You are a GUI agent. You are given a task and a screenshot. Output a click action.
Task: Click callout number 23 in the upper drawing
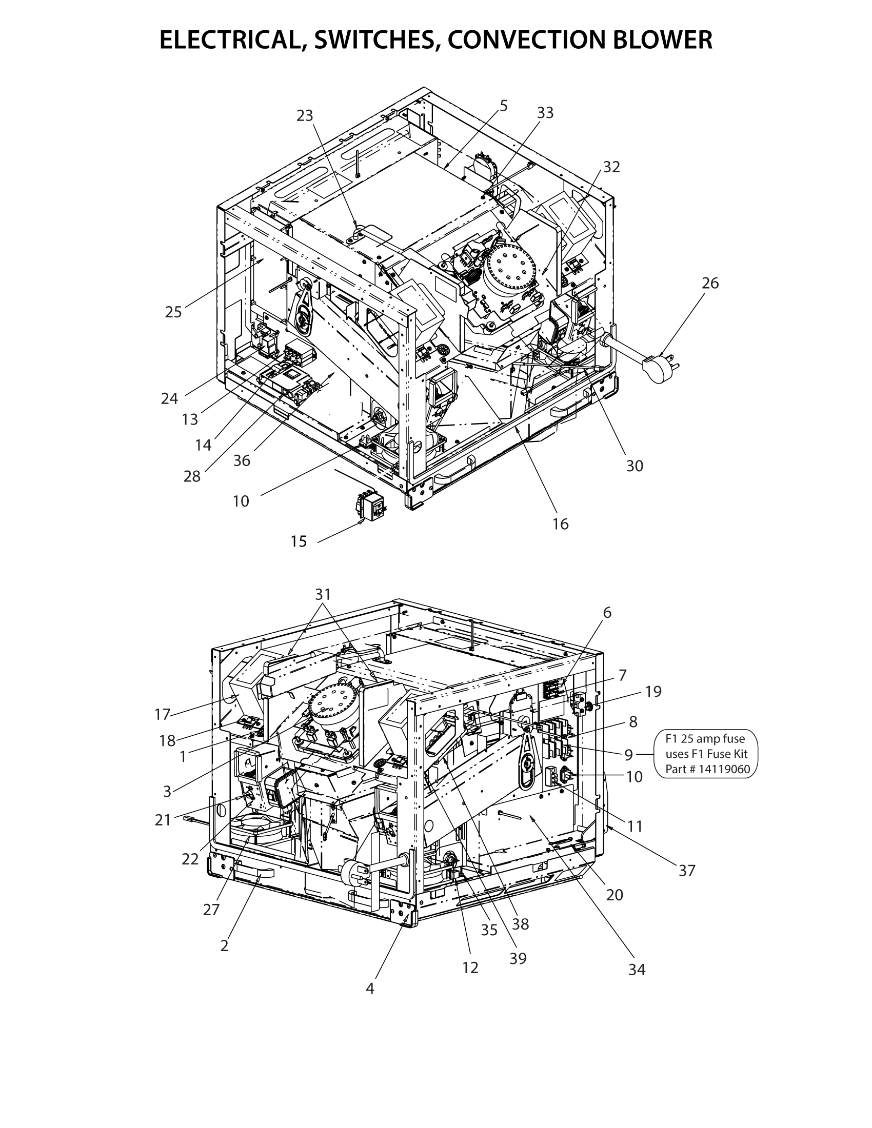305,116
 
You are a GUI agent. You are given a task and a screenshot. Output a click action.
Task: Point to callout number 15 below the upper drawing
299,541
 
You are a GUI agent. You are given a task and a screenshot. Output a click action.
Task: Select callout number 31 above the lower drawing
322,594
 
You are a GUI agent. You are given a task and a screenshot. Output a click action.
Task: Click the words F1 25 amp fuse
705,738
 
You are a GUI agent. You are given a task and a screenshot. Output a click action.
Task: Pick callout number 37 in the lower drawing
687,871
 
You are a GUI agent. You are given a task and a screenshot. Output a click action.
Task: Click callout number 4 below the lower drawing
370,989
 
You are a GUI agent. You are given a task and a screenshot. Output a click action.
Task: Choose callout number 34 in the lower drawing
637,970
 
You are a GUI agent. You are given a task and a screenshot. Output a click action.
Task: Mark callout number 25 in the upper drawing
173,312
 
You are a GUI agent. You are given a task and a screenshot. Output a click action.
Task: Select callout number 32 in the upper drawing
611,167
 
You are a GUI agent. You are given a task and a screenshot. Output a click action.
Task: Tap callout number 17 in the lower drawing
162,715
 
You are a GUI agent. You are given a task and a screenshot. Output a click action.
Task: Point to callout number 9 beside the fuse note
629,755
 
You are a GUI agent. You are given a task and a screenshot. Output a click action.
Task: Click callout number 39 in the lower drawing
518,958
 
